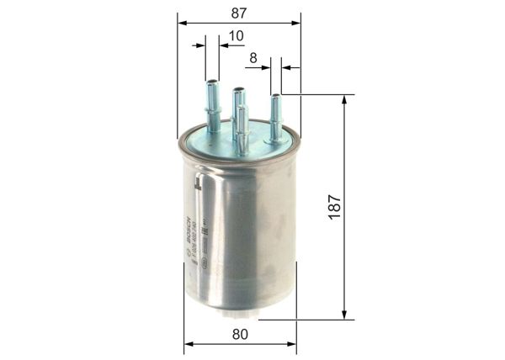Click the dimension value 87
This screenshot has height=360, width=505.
pyautogui.click(x=238, y=11)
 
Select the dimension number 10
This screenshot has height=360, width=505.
pyautogui.click(x=237, y=35)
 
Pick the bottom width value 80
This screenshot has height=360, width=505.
pyautogui.click(x=240, y=334)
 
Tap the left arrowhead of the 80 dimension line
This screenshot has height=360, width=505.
pyautogui.click(x=189, y=344)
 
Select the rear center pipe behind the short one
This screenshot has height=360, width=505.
pyautogui.click(x=238, y=101)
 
